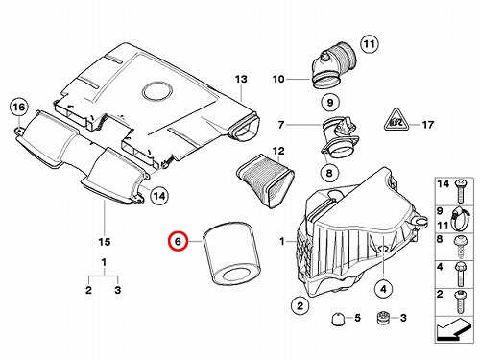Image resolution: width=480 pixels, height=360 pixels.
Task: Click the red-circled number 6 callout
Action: pos(178,241)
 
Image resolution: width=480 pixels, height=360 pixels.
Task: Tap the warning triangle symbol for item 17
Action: pos(396,120)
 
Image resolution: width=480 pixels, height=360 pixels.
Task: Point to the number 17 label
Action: pos(428,124)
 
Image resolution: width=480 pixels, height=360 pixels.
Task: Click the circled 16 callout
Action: pos(19,107)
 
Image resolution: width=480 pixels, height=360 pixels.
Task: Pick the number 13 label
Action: pos(241,79)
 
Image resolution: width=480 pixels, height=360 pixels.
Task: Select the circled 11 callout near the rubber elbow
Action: pos(370,44)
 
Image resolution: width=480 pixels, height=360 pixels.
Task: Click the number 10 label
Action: pos(278,79)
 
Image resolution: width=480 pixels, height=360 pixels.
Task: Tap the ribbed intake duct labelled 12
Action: pos(265,180)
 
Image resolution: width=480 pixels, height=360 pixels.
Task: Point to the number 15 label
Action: pos(105,242)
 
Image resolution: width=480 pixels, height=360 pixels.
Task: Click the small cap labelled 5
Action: pos(337,319)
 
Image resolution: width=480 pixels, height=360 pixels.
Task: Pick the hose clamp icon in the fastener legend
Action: pos(460,219)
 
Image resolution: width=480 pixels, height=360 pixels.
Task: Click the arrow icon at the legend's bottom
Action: pos(454,329)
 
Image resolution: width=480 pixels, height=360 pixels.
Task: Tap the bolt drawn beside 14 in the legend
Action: pos(460,191)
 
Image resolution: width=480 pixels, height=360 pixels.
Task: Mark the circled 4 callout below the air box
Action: pos(383,289)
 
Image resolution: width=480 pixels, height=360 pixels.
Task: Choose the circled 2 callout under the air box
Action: pos(300,305)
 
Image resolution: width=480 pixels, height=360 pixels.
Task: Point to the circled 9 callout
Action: pos(330,102)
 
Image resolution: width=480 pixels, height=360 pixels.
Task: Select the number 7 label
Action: pos(281,124)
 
